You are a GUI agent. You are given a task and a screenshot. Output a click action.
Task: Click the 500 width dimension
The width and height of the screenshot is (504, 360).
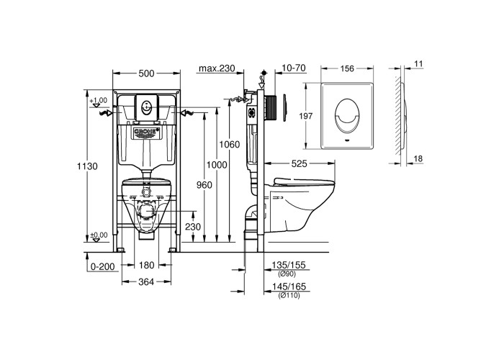click(x=147, y=73)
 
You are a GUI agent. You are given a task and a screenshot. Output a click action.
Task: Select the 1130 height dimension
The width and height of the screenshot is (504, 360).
click(x=87, y=166)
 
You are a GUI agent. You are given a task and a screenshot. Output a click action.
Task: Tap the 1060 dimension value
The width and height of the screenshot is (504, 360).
click(x=230, y=144)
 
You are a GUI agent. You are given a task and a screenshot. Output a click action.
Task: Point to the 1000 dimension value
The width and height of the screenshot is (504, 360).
click(x=217, y=165)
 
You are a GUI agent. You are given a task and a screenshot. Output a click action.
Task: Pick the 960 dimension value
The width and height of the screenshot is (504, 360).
click(x=204, y=185)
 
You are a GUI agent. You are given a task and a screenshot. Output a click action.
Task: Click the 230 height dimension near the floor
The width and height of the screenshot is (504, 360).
click(x=193, y=227)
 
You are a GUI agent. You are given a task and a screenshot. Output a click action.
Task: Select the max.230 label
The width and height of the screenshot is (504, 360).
click(x=217, y=68)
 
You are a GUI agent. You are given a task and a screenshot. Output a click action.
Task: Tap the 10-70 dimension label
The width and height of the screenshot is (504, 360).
click(x=294, y=68)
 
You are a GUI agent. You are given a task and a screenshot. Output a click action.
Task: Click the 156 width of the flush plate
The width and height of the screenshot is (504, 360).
click(x=347, y=68)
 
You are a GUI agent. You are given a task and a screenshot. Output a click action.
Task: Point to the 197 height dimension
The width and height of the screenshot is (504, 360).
click(x=306, y=116)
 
